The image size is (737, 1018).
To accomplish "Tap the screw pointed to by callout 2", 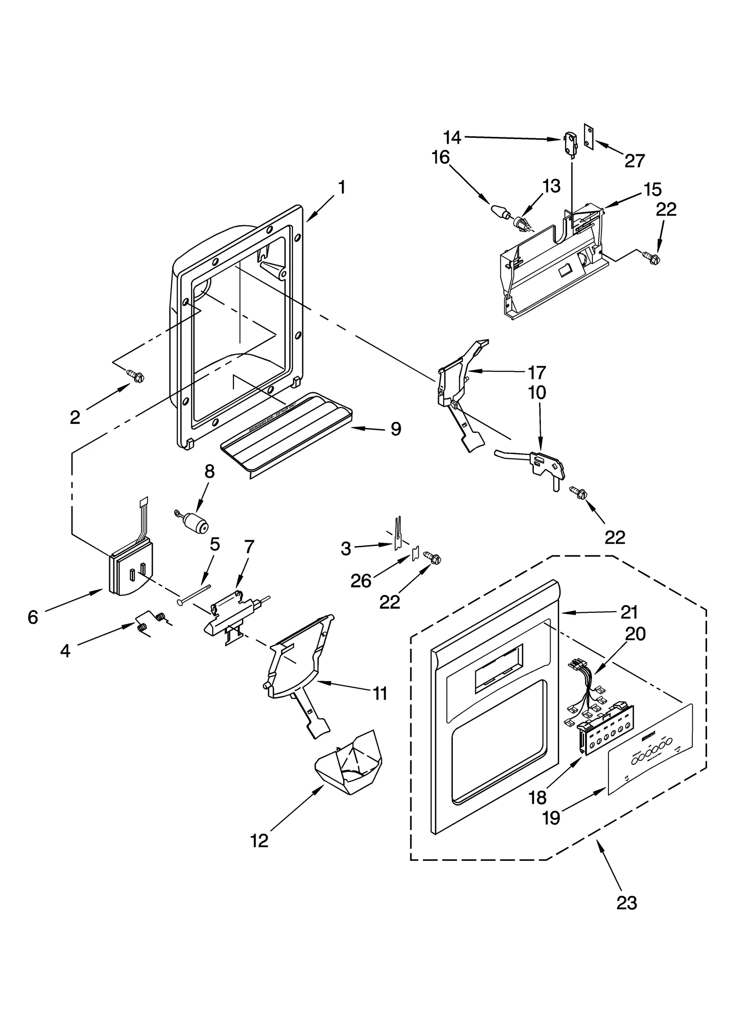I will coord(136,377).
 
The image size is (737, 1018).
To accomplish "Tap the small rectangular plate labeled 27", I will coord(588,137).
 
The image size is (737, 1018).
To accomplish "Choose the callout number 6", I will coord(32,617).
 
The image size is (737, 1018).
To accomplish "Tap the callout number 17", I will coord(537,372).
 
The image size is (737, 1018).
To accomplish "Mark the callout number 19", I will coord(551,818).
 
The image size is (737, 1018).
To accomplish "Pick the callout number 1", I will coord(341,188).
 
